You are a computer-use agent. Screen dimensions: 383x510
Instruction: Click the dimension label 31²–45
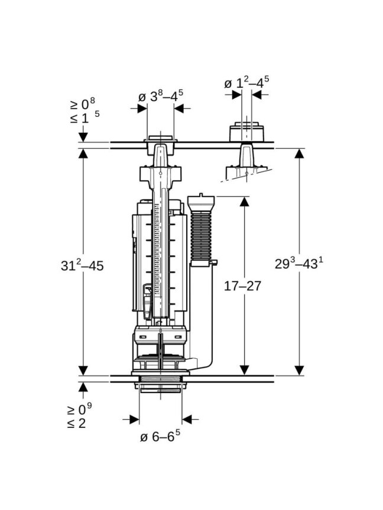point(82,265)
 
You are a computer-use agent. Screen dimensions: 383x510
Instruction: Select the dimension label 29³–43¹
point(299,263)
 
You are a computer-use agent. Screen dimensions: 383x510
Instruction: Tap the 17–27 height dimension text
point(243,286)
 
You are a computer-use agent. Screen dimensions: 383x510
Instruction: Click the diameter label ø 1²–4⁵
point(246,82)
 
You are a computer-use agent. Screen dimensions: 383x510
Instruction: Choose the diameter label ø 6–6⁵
point(160,436)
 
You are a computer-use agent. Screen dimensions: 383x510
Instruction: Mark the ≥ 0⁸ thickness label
point(83,103)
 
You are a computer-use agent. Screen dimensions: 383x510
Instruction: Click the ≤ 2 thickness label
point(78,423)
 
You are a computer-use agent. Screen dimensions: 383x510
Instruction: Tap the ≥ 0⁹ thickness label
point(80,409)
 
